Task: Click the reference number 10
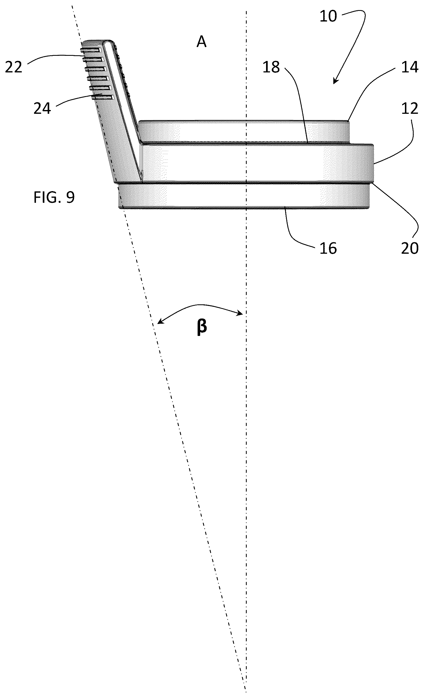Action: point(328,16)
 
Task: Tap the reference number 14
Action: point(410,68)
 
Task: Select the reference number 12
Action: point(410,109)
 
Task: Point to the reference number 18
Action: point(271,68)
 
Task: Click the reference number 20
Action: point(410,248)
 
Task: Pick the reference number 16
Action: point(328,248)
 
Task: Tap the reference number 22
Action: point(14,68)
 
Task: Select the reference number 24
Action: point(42,109)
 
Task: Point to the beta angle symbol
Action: point(202,327)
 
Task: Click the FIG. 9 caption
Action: point(54,197)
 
